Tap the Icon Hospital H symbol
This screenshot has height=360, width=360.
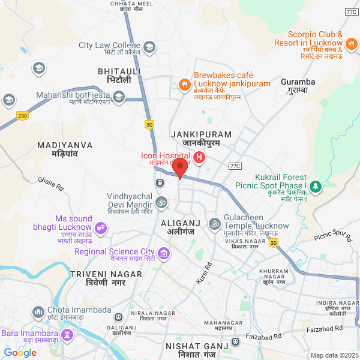click(199, 159)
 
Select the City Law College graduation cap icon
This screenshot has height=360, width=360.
click(149, 46)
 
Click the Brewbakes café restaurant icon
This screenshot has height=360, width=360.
click(184, 84)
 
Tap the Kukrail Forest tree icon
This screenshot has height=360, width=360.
click(316, 187)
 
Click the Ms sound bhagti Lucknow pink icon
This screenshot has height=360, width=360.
click(100, 227)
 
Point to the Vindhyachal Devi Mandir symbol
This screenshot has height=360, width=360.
click(161, 202)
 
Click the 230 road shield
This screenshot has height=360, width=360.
click(23, 115)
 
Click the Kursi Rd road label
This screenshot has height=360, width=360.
click(204, 273)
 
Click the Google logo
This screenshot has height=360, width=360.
click(20, 353)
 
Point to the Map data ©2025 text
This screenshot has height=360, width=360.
click(334, 355)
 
